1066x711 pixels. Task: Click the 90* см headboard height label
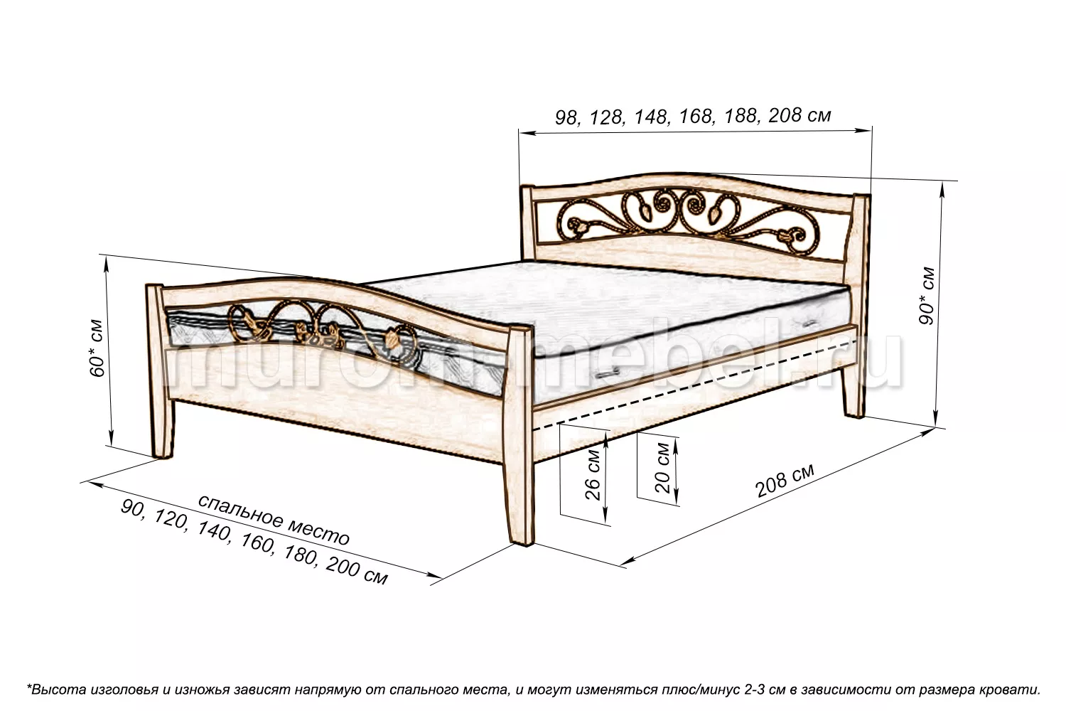click(927, 296)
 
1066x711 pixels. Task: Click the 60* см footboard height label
click(97, 348)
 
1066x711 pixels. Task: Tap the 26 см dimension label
click(593, 474)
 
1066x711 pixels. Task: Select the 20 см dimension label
click(662, 469)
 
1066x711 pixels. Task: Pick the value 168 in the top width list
click(695, 116)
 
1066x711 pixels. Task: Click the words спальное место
click(274, 518)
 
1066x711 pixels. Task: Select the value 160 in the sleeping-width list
click(257, 542)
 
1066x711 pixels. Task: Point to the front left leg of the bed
click(161, 371)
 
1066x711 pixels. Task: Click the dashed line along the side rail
click(692, 387)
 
